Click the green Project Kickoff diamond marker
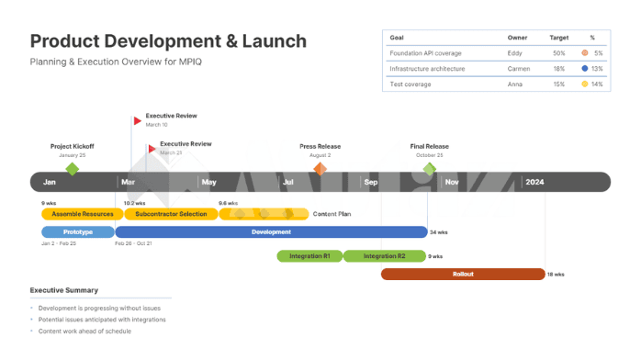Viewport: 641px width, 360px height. pyautogui.click(x=73, y=169)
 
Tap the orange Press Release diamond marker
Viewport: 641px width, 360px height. pyautogui.click(x=320, y=169)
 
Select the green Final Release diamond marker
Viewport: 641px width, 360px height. pyautogui.click(x=429, y=169)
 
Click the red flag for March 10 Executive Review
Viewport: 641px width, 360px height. pyautogui.click(x=138, y=120)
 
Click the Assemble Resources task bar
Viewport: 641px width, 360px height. pyautogui.click(x=83, y=214)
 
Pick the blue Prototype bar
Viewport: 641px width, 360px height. pyautogui.click(x=78, y=232)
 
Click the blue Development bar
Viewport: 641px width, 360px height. pyautogui.click(x=271, y=232)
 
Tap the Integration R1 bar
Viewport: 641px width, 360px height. pyautogui.click(x=309, y=256)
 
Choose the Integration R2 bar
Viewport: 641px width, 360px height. pyautogui.click(x=385, y=256)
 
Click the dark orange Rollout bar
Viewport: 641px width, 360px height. pyautogui.click(x=463, y=274)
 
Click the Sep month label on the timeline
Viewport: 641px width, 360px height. pyautogui.click(x=371, y=182)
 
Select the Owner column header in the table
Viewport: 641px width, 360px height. pyautogui.click(x=518, y=38)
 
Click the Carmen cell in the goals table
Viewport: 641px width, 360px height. pyautogui.click(x=520, y=69)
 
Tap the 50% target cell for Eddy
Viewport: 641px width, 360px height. pyautogui.click(x=558, y=53)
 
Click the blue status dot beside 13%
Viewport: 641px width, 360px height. pyautogui.click(x=585, y=69)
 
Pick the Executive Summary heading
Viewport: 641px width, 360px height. pyautogui.click(x=64, y=290)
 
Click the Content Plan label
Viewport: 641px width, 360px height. pyautogui.click(x=332, y=214)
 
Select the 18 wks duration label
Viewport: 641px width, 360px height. pyautogui.click(x=556, y=274)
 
